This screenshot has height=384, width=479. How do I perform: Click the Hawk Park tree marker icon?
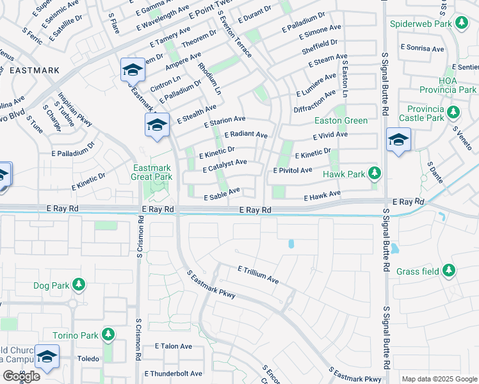tap(375, 173)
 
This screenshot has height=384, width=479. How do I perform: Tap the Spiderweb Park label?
tap(419, 24)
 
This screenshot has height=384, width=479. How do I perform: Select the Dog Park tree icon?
tap(79, 284)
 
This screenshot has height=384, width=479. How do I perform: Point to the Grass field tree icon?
tap(450, 271)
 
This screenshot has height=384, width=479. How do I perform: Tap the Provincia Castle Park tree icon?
tap(453, 113)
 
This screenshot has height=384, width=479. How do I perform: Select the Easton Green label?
tap(341, 120)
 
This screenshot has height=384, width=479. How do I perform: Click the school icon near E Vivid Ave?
tap(398, 140)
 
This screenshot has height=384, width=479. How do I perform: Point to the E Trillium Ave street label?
tap(258, 275)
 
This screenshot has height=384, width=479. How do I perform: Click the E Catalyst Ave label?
tap(224, 166)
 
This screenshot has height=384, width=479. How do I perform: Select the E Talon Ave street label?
tap(174, 346)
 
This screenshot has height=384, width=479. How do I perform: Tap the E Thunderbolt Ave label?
tap(174, 373)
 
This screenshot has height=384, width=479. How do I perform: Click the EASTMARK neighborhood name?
tap(35, 70)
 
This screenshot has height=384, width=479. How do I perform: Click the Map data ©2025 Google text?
tap(439, 379)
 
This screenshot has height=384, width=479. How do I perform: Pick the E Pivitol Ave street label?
tap(292, 170)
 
